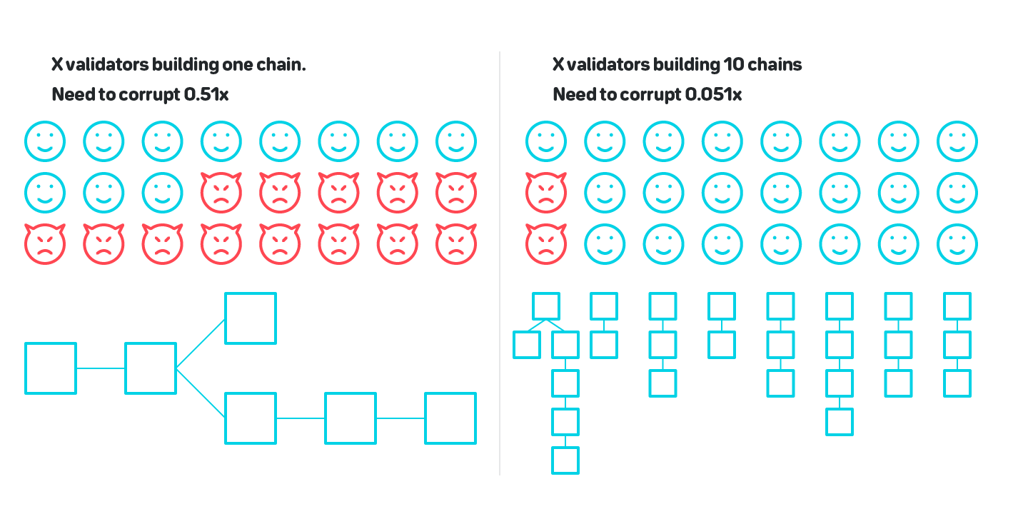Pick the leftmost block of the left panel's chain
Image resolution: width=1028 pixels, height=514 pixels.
(51, 368)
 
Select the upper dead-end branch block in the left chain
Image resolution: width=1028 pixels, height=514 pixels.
(251, 318)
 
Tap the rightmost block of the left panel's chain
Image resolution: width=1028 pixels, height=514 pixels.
(450, 418)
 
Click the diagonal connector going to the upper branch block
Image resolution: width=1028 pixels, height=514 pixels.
(201, 343)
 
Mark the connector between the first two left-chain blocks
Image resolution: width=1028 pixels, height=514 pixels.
(101, 368)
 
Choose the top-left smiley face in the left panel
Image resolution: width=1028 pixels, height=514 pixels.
(45, 141)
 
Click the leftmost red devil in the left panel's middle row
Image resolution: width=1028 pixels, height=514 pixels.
(222, 193)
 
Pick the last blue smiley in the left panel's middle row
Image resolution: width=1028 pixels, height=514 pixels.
(162, 193)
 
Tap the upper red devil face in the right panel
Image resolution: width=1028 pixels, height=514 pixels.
(545, 193)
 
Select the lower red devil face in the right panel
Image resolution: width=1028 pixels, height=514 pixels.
(545, 244)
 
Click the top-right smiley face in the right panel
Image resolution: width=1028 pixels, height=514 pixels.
(957, 141)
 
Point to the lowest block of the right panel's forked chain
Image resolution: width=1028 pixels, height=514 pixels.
(565, 460)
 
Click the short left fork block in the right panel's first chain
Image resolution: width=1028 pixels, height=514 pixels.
(527, 345)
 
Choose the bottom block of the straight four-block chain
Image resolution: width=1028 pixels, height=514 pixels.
(840, 422)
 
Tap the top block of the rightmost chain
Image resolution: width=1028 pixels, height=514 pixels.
(957, 306)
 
